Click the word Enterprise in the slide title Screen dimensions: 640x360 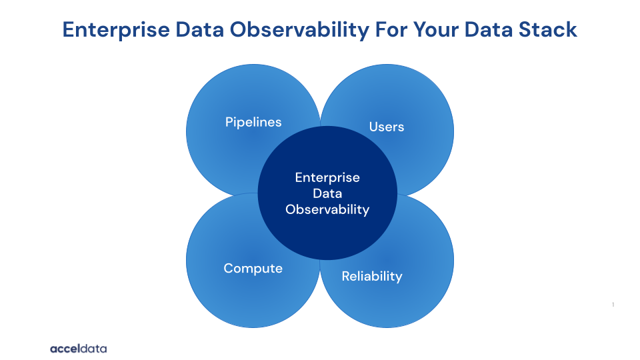pyautogui.click(x=116, y=30)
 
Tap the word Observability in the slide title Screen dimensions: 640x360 pyautogui.click(x=299, y=30)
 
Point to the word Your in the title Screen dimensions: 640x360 pyautogui.click(x=435, y=30)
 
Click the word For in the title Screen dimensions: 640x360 pyautogui.click(x=391, y=30)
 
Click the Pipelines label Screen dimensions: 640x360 pyautogui.click(x=253, y=122)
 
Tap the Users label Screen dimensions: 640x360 pyautogui.click(x=387, y=127)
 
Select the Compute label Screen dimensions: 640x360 pyautogui.click(x=253, y=269)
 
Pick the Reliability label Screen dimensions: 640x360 pyautogui.click(x=372, y=276)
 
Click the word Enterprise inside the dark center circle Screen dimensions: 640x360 pyautogui.click(x=327, y=177)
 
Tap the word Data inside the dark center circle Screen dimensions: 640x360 pyautogui.click(x=327, y=193)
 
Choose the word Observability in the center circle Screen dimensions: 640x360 pyautogui.click(x=327, y=209)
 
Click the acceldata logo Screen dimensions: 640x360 pyautogui.click(x=79, y=349)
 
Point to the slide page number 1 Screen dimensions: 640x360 pyautogui.click(x=613, y=305)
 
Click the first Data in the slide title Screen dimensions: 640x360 pyautogui.click(x=199, y=30)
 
